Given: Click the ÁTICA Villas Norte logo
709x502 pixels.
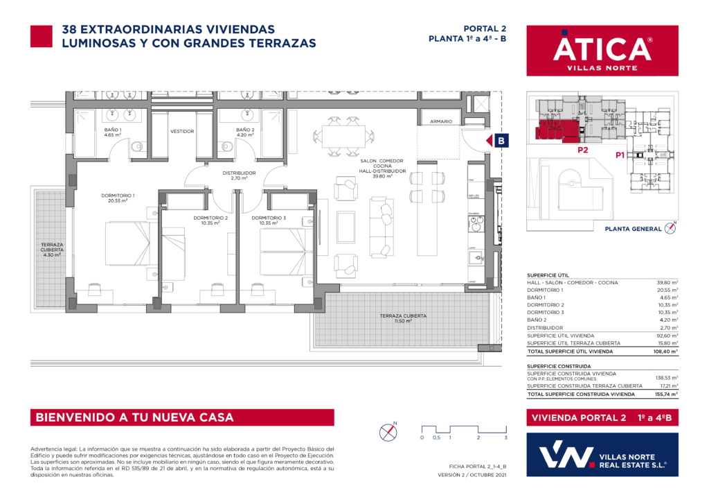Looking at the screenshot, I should (x=602, y=51).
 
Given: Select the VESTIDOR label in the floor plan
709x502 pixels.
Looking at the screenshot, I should (x=181, y=131).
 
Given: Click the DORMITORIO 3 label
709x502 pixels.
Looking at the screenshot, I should (x=272, y=218).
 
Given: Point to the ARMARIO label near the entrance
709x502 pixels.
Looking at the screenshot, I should (x=441, y=121).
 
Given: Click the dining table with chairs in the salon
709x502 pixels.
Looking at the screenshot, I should (x=335, y=135).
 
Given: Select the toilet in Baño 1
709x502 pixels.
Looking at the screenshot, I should (x=136, y=146).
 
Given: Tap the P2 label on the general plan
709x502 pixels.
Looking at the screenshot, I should (x=583, y=149).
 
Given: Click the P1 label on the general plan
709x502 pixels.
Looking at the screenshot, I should (x=621, y=156).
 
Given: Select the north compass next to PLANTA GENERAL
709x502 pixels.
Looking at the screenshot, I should (x=670, y=227).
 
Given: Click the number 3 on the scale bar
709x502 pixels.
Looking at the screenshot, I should (x=506, y=438).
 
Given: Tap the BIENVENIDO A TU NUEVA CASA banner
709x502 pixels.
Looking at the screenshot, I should (x=181, y=417).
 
